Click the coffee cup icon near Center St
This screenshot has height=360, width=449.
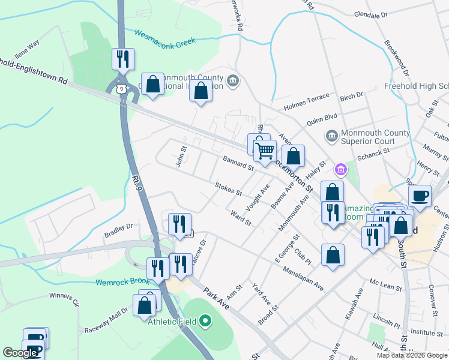(x=420, y=196)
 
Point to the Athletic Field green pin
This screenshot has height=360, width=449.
(x=206, y=322)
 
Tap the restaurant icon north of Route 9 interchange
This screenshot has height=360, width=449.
(x=123, y=59)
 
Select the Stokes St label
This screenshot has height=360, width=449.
(x=228, y=189)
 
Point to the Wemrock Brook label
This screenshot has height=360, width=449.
(x=122, y=281)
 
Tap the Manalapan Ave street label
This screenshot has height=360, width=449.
(x=304, y=279)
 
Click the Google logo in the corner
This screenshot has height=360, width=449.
(x=20, y=353)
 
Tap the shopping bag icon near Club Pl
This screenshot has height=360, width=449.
(x=333, y=254)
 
